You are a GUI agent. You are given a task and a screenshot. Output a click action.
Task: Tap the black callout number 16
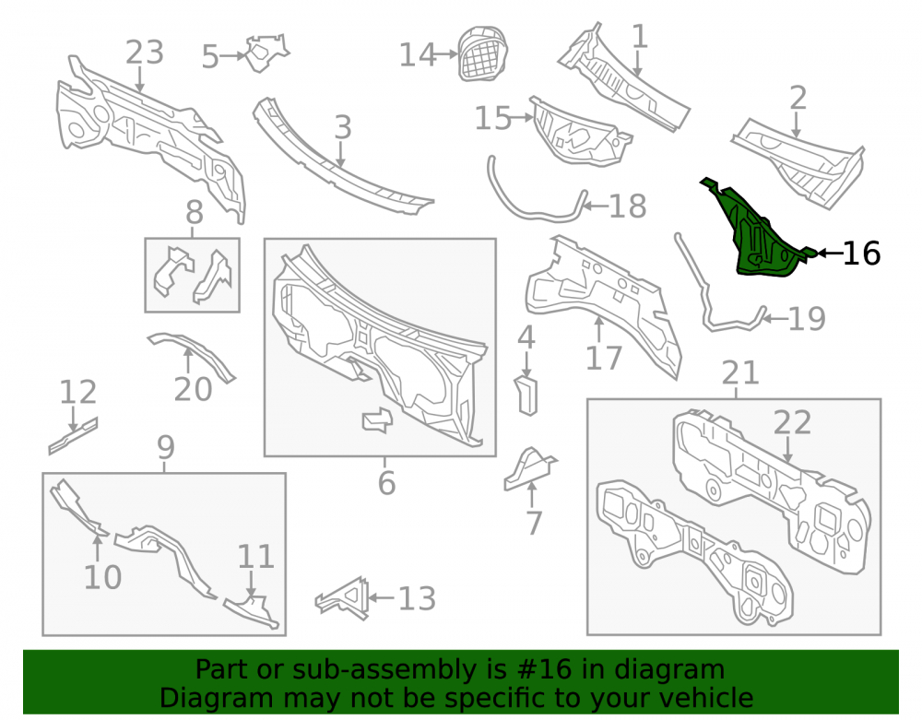pos(861,254)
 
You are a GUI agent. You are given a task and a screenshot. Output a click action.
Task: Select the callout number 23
pos(144,53)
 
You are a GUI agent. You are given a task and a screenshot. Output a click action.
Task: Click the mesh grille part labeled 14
pos(483,53)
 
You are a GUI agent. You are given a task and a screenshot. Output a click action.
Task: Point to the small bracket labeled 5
pos(266,53)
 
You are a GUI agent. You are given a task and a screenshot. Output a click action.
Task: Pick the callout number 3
pos(343,127)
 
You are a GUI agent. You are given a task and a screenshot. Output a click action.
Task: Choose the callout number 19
pos(807,319)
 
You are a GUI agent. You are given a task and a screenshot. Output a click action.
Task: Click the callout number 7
pos(533,523)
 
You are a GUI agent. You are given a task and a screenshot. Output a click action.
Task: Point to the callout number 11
pos(255,556)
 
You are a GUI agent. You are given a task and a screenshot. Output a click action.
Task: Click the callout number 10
pos(102,577)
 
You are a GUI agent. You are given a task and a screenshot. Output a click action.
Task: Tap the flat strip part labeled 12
pos(73,435)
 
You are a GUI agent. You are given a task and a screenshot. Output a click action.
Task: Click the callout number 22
pos(792,422)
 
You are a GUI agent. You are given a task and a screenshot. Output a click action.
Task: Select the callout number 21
pos(740,372)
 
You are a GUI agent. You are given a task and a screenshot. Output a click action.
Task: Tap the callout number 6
pos(386,483)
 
